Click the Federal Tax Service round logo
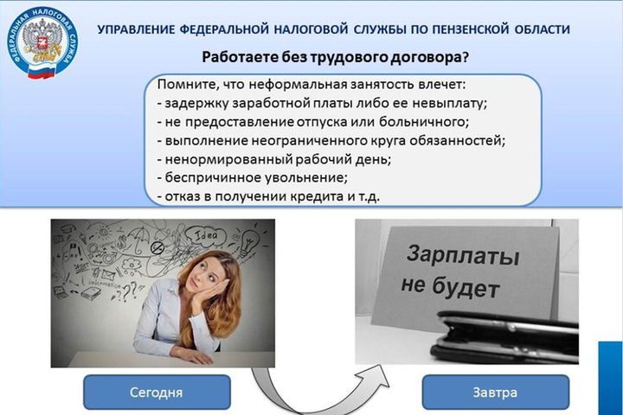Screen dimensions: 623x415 42,42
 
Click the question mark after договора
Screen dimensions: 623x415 465,57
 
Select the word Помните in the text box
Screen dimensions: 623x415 187,85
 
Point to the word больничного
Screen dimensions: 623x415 424,121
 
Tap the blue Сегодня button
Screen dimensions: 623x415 157,393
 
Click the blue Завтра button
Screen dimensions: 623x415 496,393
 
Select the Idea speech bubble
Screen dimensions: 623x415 207,236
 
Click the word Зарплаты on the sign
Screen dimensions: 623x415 463,256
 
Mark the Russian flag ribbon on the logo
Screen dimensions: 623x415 41,71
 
